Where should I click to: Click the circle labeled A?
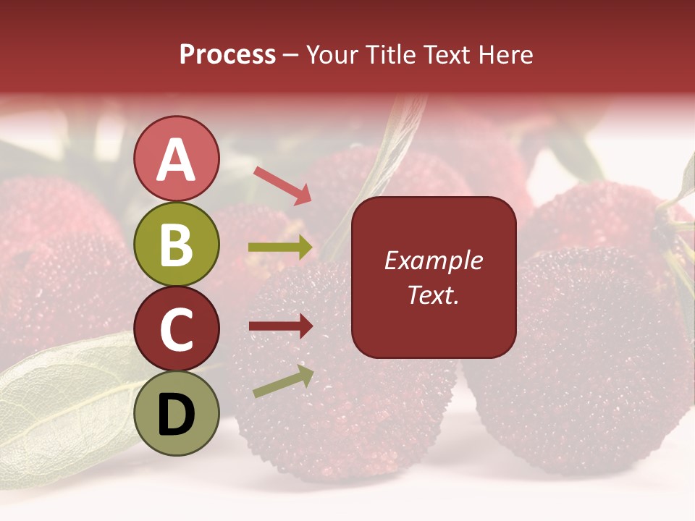(x=177, y=158)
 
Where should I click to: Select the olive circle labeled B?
(x=177, y=244)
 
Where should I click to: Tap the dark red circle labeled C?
(x=177, y=329)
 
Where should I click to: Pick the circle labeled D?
(x=177, y=413)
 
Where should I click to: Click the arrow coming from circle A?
(x=282, y=185)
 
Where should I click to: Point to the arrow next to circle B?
(x=280, y=247)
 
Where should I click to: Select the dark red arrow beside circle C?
(x=280, y=326)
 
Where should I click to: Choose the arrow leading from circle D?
(x=283, y=381)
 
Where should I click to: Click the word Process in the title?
(x=227, y=55)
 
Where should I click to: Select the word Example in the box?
(x=433, y=260)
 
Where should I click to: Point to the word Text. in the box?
(x=433, y=295)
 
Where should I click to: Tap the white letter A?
(x=177, y=160)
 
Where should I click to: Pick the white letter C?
(x=177, y=329)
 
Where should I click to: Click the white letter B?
(x=177, y=245)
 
